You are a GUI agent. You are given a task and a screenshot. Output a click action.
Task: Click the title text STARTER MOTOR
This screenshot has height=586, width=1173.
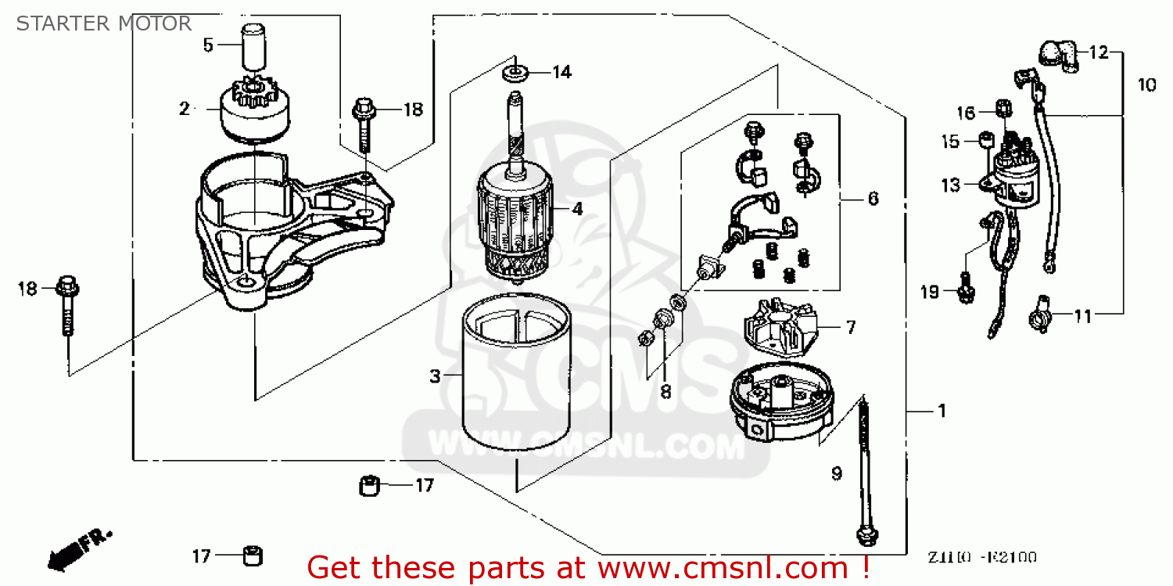tap(104, 23)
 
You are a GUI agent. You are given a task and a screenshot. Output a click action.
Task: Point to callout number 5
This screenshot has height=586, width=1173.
tap(207, 45)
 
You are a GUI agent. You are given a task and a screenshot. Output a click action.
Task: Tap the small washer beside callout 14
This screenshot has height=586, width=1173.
tap(514, 74)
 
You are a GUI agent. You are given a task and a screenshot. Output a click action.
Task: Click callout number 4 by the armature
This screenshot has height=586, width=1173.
tap(577, 209)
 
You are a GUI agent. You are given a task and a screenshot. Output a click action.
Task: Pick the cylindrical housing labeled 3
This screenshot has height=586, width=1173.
tap(514, 376)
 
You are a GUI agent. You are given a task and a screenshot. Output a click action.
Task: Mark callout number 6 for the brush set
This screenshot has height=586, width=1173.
tap(873, 199)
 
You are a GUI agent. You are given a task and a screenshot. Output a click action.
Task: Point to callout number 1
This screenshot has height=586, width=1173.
tap(942, 411)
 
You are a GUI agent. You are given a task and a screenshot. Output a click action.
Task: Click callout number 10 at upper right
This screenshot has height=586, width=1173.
tap(1146, 84)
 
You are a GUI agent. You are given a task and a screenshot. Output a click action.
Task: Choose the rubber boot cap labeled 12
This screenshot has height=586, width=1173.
tap(1059, 55)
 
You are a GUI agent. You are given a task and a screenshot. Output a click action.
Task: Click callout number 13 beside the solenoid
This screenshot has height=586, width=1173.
tap(950, 185)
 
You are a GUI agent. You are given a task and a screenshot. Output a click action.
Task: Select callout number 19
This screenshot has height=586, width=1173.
tap(928, 293)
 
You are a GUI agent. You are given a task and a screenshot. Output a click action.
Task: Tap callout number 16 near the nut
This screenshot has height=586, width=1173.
tap(966, 113)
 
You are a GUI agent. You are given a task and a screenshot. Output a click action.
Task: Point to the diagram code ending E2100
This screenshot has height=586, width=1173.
tap(982, 558)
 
